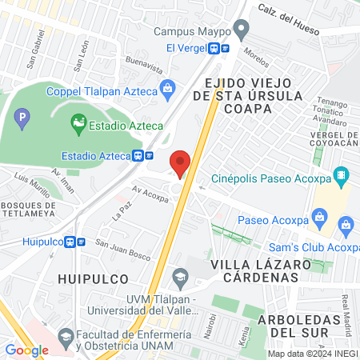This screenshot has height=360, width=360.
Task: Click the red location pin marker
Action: (180, 163)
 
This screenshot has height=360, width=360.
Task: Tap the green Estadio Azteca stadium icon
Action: (78, 124)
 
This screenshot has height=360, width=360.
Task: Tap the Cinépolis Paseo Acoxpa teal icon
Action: (342, 175)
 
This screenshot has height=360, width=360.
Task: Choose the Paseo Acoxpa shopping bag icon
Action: (320, 216)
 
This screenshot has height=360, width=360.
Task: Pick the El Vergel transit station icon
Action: (218, 48)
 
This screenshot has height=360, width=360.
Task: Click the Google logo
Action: (26, 350)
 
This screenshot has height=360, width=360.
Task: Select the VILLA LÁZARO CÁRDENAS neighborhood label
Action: (255, 270)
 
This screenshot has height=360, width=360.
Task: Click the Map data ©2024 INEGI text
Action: (312, 353)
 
